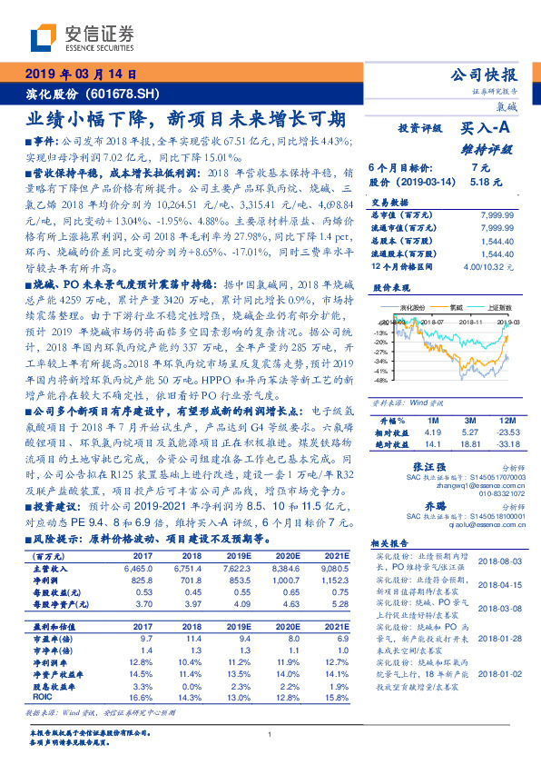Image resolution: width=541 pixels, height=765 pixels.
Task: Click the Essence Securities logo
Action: coord(78,38)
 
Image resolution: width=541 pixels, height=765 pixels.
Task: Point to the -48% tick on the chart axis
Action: coord(379,381)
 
